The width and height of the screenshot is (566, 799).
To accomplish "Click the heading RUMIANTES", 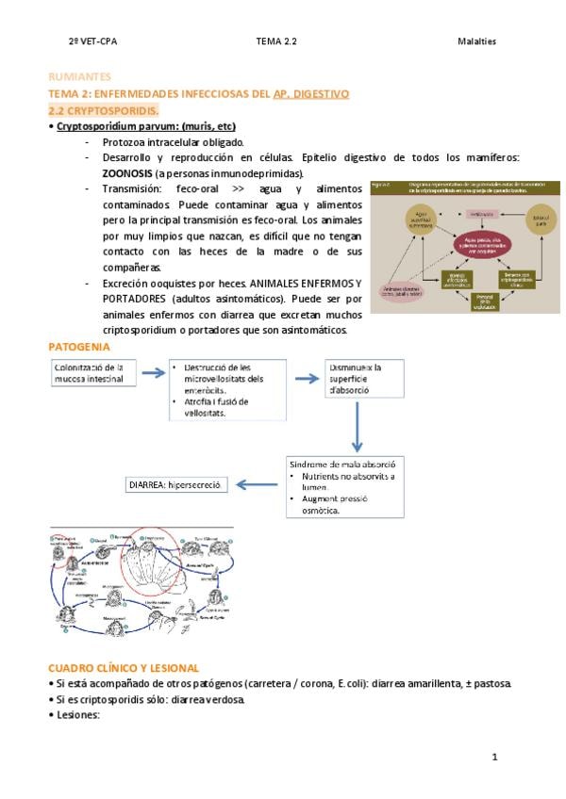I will pos(79,76).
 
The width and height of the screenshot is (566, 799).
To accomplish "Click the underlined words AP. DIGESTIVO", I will pos(311,93).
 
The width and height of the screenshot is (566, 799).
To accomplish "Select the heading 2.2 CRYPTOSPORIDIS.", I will pos(103,110).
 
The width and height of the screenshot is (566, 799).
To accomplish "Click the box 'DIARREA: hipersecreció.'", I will pos(175,485).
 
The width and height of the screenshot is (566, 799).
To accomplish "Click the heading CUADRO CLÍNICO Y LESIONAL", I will pos(124,667).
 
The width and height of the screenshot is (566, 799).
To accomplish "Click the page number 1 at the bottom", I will pos(493,756).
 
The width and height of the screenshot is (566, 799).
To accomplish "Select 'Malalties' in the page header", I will pos(476,41).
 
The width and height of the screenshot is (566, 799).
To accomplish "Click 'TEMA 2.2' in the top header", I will pos(275,41).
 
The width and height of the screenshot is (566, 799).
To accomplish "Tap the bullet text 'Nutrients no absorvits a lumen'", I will pos(343,481).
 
